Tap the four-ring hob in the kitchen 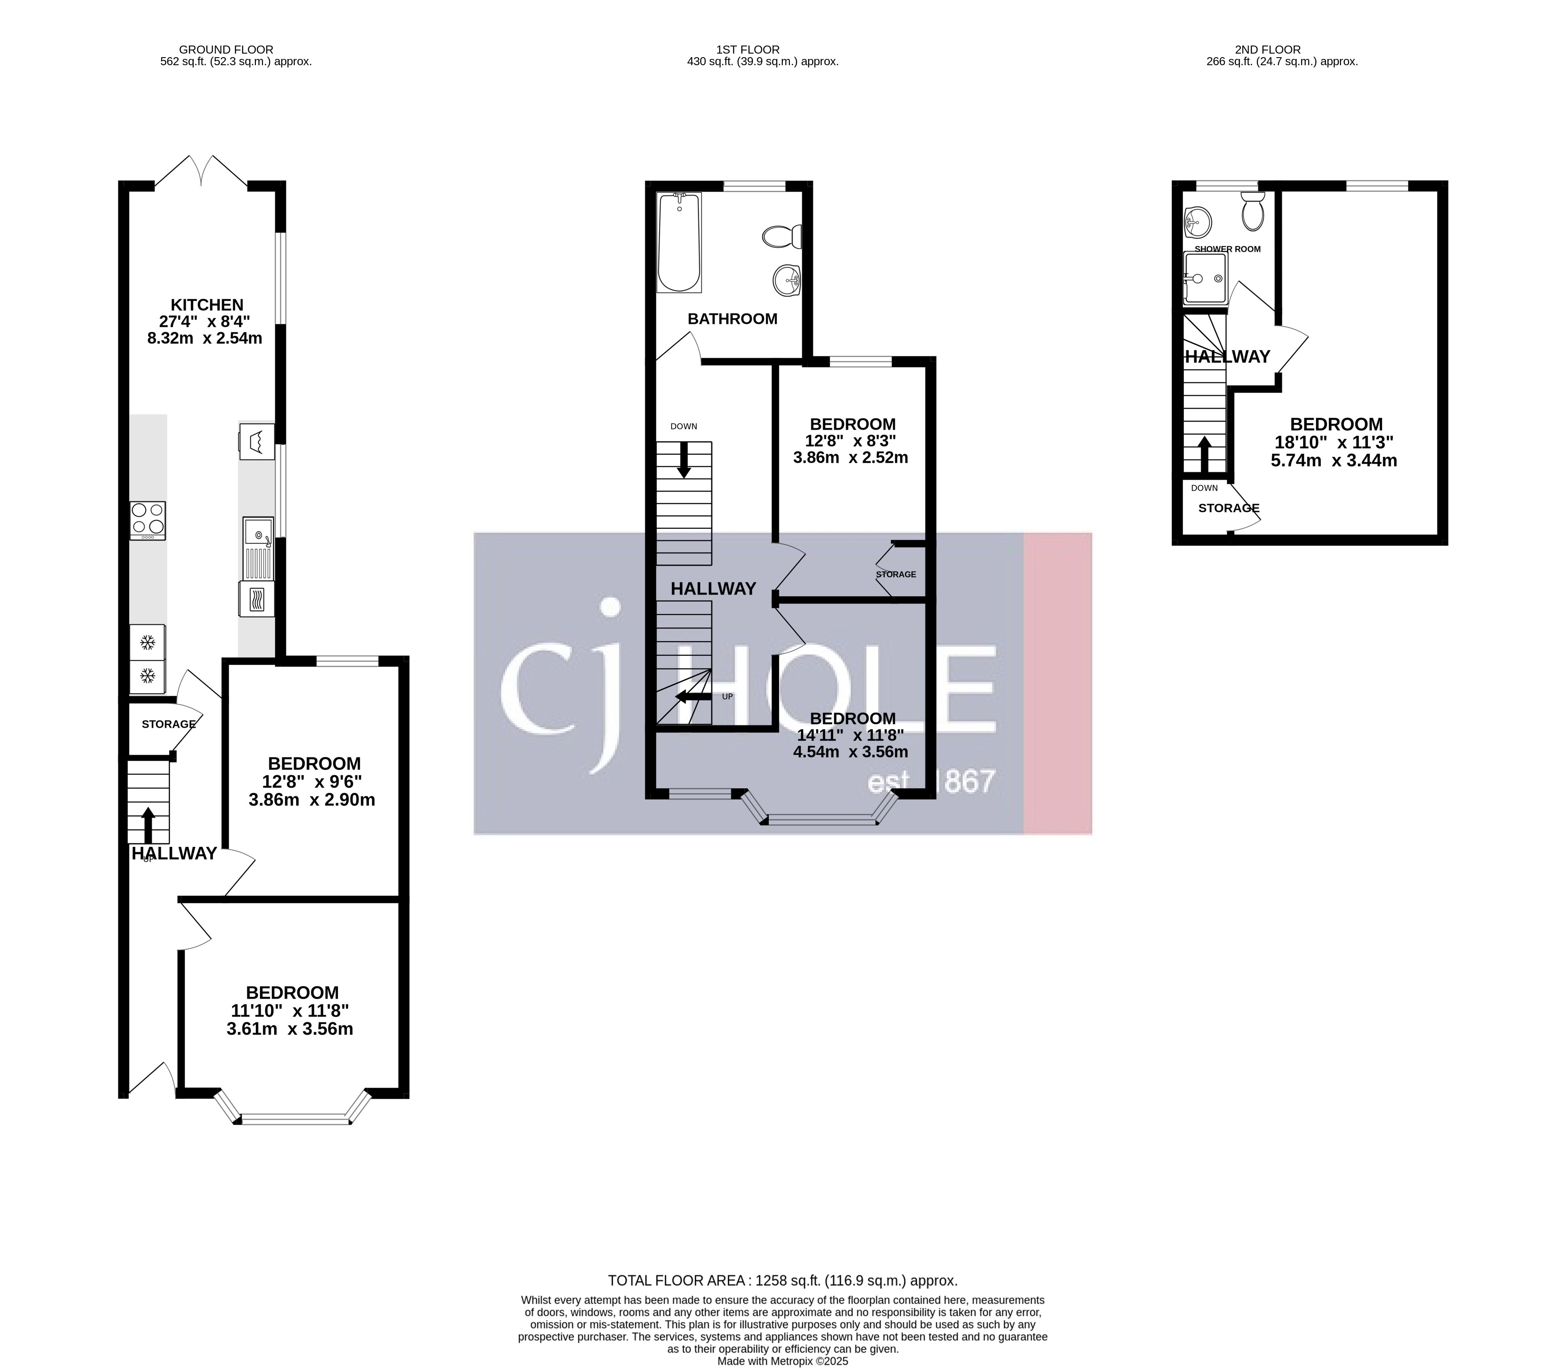[x=147, y=519]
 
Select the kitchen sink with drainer [x=258, y=548]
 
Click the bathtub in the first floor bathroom [x=678, y=243]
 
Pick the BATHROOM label [x=732, y=319]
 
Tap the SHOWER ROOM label [x=1227, y=249]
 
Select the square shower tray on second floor [x=1205, y=279]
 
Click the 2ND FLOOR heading [x=1282, y=50]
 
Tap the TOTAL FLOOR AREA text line [x=782, y=1280]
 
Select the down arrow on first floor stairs [x=684, y=460]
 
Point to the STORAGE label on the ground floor [x=169, y=724]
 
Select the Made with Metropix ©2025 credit [x=782, y=1360]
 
